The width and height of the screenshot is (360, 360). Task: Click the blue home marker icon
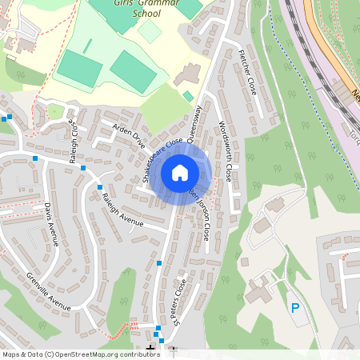pos(180,172)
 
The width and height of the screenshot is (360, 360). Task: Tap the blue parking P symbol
pos(295,307)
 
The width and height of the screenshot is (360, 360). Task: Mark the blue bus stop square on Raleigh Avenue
pos(100,187)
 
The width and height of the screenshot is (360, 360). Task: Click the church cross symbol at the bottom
pos(150,348)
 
